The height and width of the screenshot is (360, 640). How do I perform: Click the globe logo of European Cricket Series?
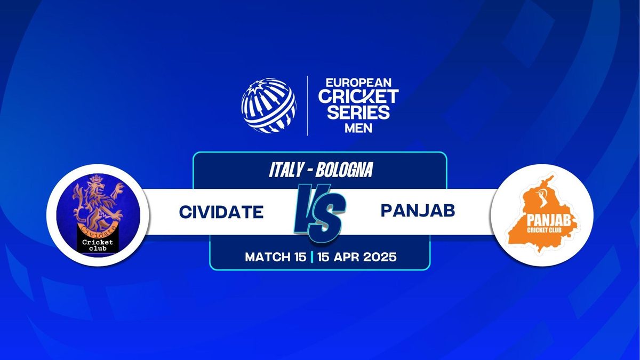(x=269, y=106)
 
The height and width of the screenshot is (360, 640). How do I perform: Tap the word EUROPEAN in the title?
(x=358, y=83)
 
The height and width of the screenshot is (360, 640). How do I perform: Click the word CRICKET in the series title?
(x=358, y=96)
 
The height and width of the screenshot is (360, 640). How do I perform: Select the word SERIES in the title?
(x=358, y=112)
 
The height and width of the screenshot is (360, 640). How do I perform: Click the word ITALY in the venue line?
(x=286, y=170)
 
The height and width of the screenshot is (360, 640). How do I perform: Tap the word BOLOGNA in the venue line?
(x=344, y=170)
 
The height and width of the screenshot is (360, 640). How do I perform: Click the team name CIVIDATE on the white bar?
(x=221, y=212)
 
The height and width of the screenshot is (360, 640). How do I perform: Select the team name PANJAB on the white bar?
(x=418, y=211)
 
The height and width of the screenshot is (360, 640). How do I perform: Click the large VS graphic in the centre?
(x=319, y=213)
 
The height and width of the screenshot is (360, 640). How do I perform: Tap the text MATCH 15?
(x=275, y=257)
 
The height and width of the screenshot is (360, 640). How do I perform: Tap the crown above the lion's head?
(x=97, y=179)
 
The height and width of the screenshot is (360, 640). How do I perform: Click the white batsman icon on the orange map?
(x=541, y=198)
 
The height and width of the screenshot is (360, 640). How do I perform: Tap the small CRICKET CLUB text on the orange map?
(x=545, y=230)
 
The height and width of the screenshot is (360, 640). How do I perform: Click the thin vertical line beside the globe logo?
(x=307, y=106)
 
